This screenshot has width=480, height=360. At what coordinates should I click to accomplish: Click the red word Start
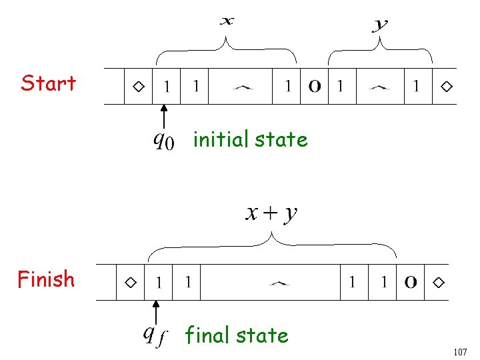coord(48,83)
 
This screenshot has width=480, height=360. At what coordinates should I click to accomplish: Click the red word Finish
coord(46,279)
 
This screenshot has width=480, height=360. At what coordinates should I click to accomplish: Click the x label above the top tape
coord(227,21)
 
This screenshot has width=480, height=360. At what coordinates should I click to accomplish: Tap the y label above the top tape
coord(380,25)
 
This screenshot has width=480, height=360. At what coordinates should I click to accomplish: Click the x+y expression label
coord(271,213)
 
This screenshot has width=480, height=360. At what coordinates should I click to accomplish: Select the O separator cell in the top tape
coord(315,86)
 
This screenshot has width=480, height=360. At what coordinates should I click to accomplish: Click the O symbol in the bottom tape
coord(411,283)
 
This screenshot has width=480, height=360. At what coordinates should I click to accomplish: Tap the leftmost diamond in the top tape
coord(138,86)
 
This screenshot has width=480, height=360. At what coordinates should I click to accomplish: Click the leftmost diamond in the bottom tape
coord(131,283)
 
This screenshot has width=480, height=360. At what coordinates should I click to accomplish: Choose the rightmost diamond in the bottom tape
coord(437,283)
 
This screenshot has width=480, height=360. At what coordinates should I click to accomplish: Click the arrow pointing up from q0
coord(164,115)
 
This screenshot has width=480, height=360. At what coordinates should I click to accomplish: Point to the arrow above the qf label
coord(155,311)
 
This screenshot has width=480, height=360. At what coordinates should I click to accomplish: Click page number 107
coord(459,351)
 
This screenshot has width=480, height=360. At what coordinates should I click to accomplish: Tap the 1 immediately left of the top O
coord(288,86)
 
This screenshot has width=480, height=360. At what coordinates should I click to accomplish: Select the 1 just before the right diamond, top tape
coord(416,86)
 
